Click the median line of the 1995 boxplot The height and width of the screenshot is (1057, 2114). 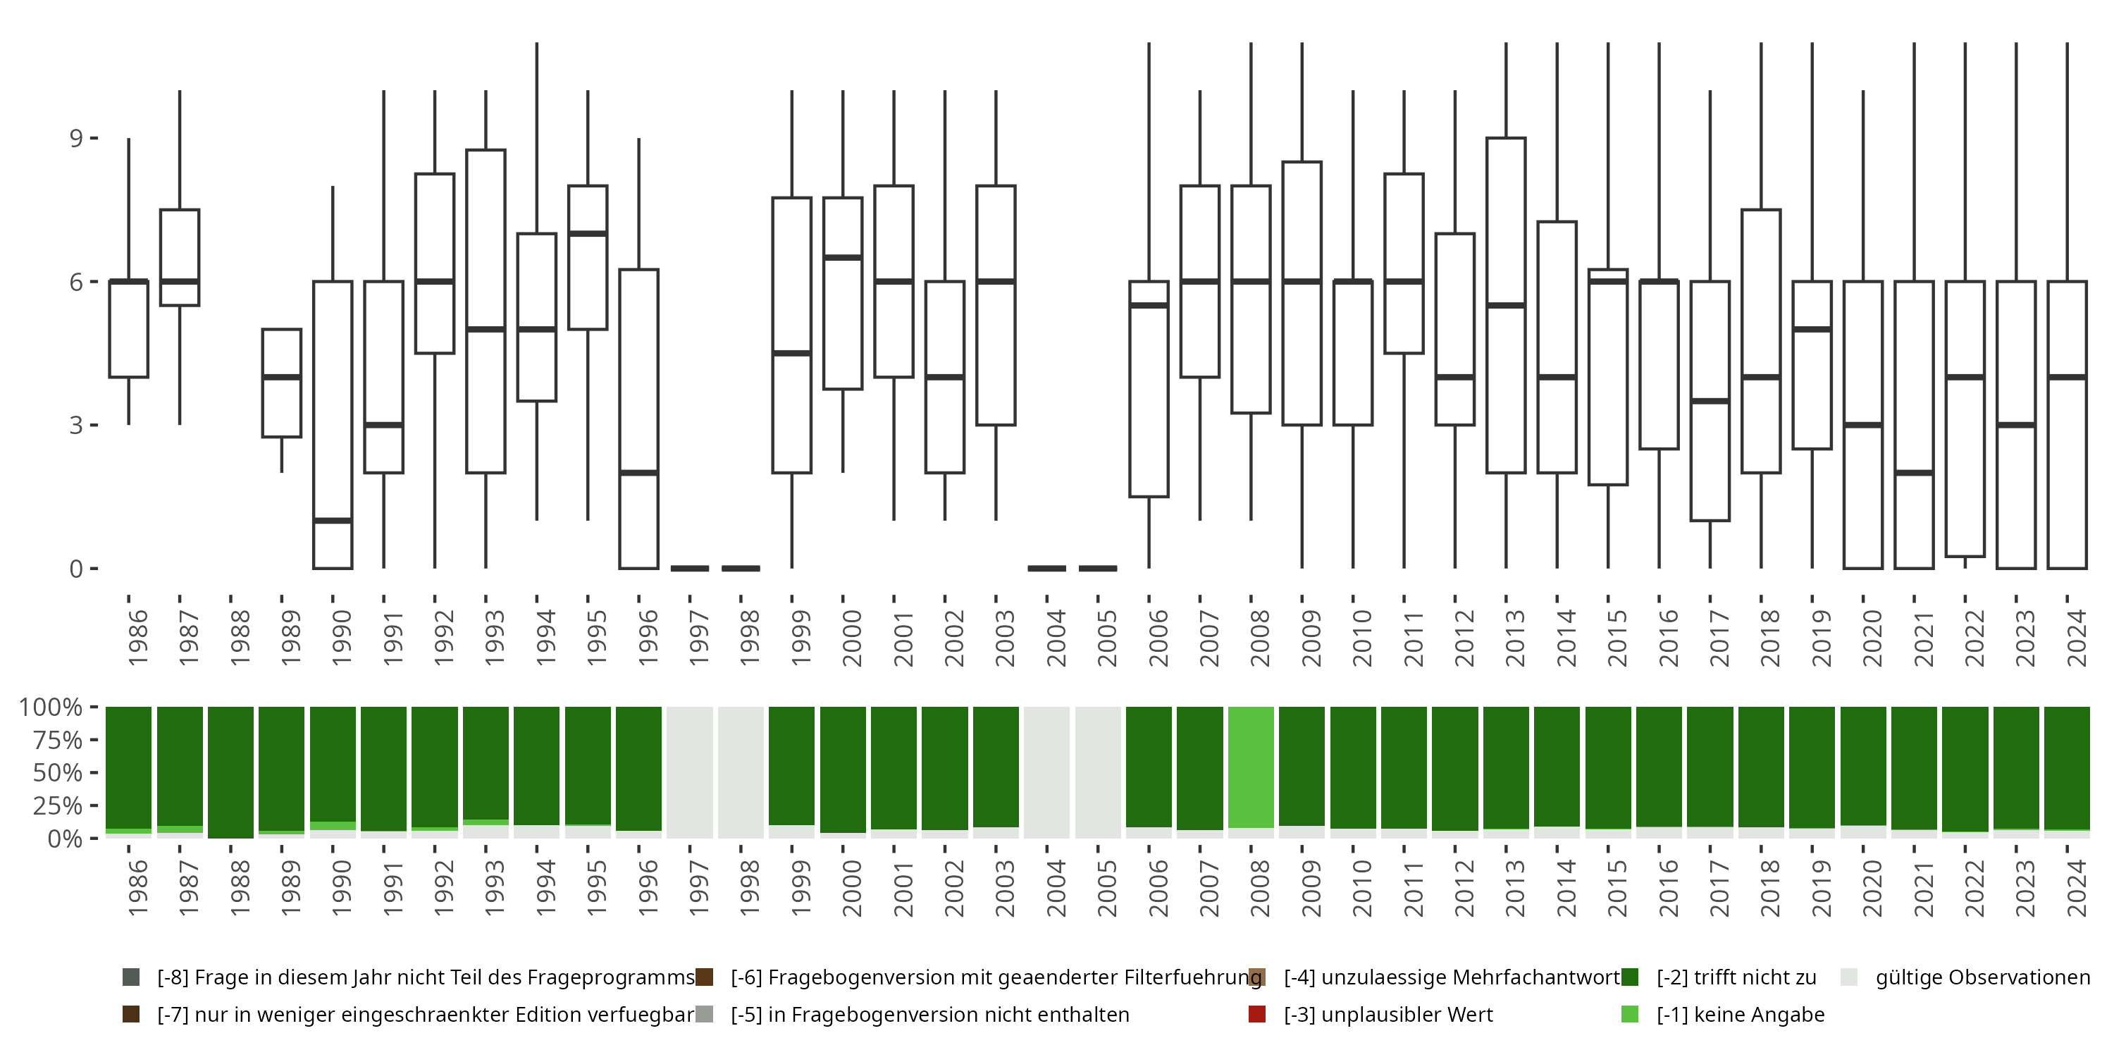[x=588, y=234]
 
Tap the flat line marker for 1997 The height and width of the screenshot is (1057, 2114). [x=689, y=568]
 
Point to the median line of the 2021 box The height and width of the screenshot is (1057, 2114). [x=1914, y=473]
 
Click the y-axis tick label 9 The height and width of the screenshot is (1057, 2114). [x=76, y=138]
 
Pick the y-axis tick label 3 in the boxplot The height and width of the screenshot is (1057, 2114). [x=76, y=425]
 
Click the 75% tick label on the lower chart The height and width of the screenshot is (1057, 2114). [x=58, y=740]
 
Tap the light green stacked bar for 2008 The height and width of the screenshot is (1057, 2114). [x=1251, y=767]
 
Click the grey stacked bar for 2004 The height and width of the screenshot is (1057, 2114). [x=1047, y=772]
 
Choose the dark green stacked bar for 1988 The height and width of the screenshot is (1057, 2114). [x=230, y=772]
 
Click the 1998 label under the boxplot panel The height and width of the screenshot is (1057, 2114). [x=749, y=638]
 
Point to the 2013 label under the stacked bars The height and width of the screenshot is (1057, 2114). [x=1515, y=888]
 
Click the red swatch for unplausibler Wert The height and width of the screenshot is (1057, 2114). [x=1256, y=1014]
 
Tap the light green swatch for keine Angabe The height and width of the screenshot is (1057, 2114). [x=1630, y=1014]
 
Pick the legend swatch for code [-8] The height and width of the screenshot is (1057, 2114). [x=130, y=977]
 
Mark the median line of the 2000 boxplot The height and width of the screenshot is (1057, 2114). [x=843, y=258]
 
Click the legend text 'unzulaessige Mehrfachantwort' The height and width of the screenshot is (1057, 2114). [x=1451, y=977]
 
